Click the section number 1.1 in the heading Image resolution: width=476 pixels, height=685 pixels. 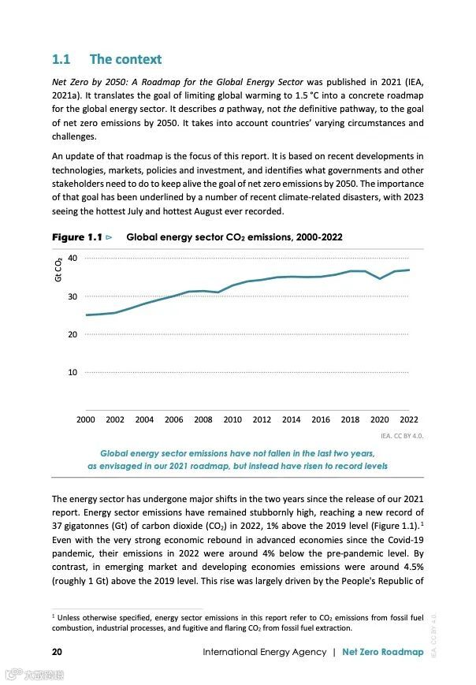[x=61, y=59]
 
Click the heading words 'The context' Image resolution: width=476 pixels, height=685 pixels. [x=125, y=59]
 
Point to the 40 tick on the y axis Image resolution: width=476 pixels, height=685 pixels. [x=73, y=259]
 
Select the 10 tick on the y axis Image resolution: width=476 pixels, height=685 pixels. [x=73, y=372]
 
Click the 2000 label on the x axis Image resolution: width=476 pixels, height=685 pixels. [x=85, y=420]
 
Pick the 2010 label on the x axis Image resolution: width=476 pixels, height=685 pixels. [x=232, y=420]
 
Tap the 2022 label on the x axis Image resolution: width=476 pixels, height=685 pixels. [x=408, y=420]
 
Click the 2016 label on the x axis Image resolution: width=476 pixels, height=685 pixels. [x=321, y=420]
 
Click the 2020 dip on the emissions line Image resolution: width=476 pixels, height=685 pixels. [x=380, y=278]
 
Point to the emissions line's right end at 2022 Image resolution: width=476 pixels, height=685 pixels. [x=409, y=270]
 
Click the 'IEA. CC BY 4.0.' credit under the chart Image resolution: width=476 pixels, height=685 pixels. [x=401, y=435]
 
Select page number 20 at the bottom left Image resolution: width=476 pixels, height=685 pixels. [x=57, y=652]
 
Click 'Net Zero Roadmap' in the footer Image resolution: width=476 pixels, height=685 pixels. [x=383, y=652]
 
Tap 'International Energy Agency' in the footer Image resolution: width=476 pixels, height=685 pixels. [x=264, y=652]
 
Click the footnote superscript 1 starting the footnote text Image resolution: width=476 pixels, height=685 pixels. [x=54, y=613]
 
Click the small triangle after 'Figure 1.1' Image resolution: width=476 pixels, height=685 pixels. [x=109, y=237]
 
